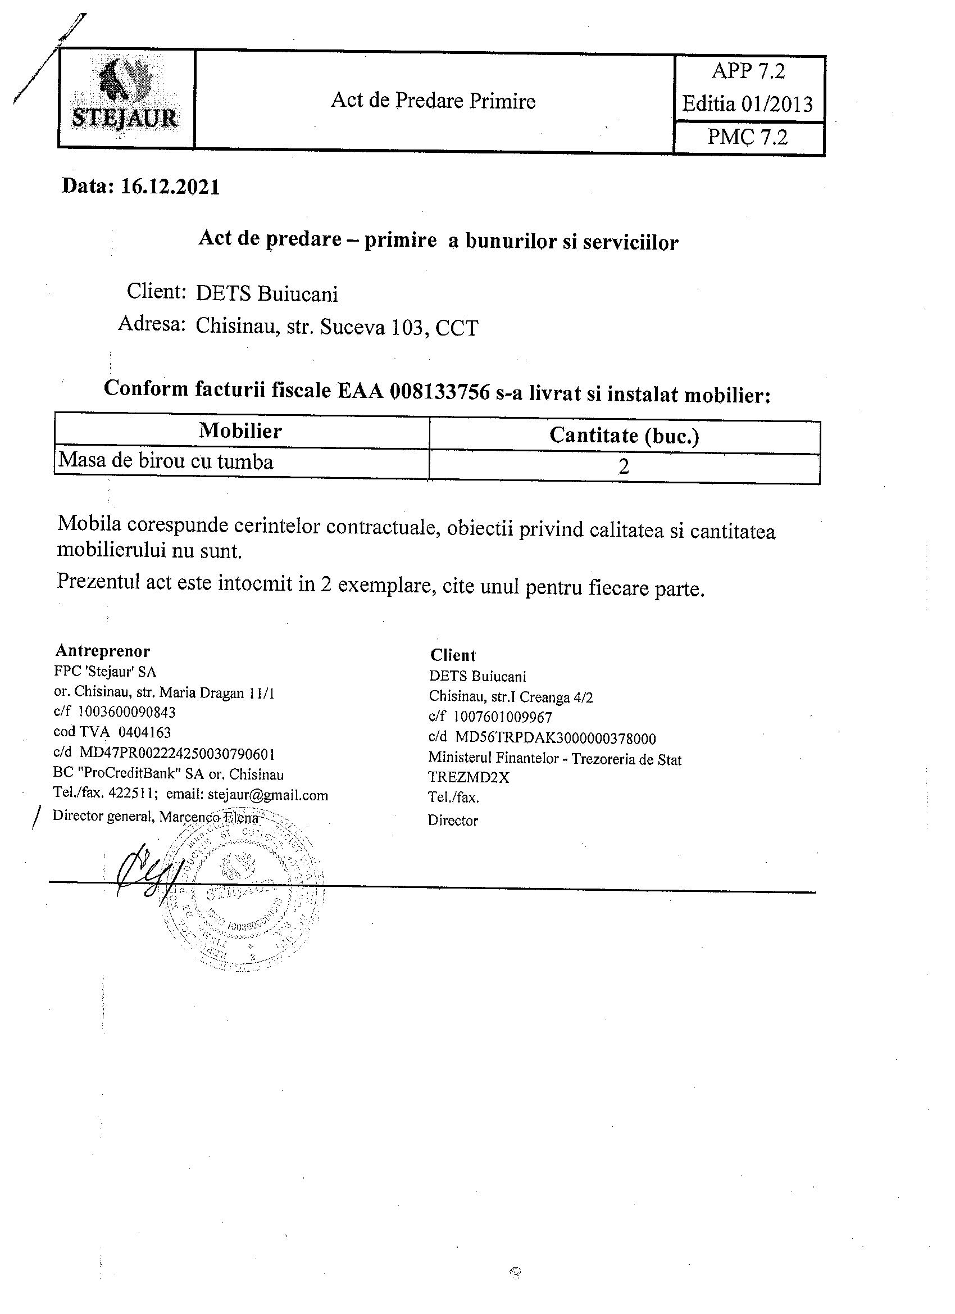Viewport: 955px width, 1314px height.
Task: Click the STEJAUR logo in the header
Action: [125, 98]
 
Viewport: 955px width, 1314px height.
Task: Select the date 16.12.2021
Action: [170, 187]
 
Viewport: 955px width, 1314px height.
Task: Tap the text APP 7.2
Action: [748, 71]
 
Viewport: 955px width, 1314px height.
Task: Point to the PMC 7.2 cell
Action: [748, 137]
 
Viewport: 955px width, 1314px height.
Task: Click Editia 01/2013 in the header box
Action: [747, 105]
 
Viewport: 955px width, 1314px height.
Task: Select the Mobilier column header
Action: [240, 431]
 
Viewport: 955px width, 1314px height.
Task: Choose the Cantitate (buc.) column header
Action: [624, 435]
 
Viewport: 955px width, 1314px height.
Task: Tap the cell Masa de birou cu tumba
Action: [166, 461]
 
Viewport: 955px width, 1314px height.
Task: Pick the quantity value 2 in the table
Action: [624, 467]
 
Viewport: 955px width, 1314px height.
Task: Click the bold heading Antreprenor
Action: [102, 651]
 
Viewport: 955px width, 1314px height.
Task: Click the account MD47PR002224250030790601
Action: [176, 754]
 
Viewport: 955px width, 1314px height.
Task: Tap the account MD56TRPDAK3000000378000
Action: [556, 738]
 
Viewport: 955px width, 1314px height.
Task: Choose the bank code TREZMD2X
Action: [469, 777]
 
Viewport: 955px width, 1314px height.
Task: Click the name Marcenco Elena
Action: [208, 817]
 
